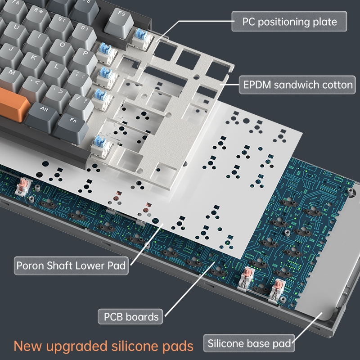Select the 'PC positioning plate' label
point(289,21)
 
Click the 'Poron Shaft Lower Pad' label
point(71,265)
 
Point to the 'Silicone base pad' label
point(250,344)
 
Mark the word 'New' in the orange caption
point(28,346)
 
